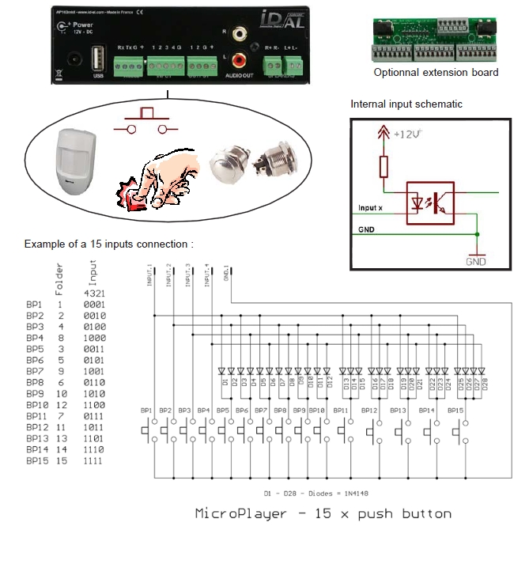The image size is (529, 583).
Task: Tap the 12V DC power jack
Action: click(75, 59)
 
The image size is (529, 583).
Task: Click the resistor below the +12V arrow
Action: click(385, 167)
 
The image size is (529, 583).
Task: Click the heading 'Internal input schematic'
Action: click(406, 104)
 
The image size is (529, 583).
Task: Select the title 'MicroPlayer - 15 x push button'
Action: click(323, 513)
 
